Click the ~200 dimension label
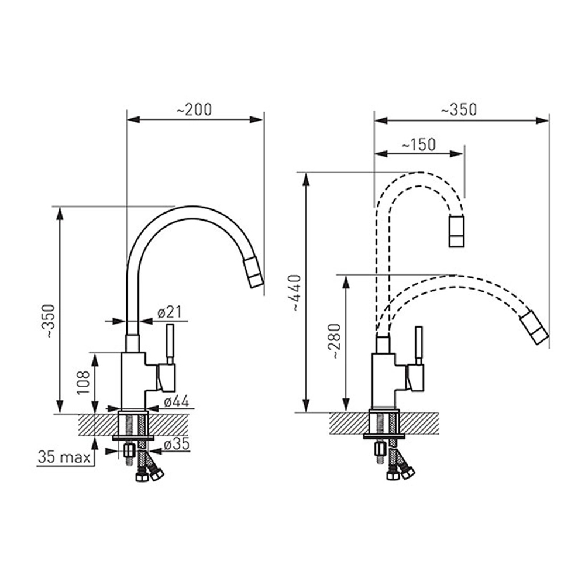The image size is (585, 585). (x=194, y=110)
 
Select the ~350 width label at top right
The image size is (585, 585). (x=459, y=110)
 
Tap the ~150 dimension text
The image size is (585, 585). (x=418, y=144)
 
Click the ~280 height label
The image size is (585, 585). (x=334, y=341)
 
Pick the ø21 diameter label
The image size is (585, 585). (x=170, y=312)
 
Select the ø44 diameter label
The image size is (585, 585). (x=177, y=401)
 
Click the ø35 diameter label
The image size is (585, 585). (x=177, y=444)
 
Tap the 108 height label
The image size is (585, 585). (x=83, y=383)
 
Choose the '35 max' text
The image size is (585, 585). (x=64, y=457)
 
